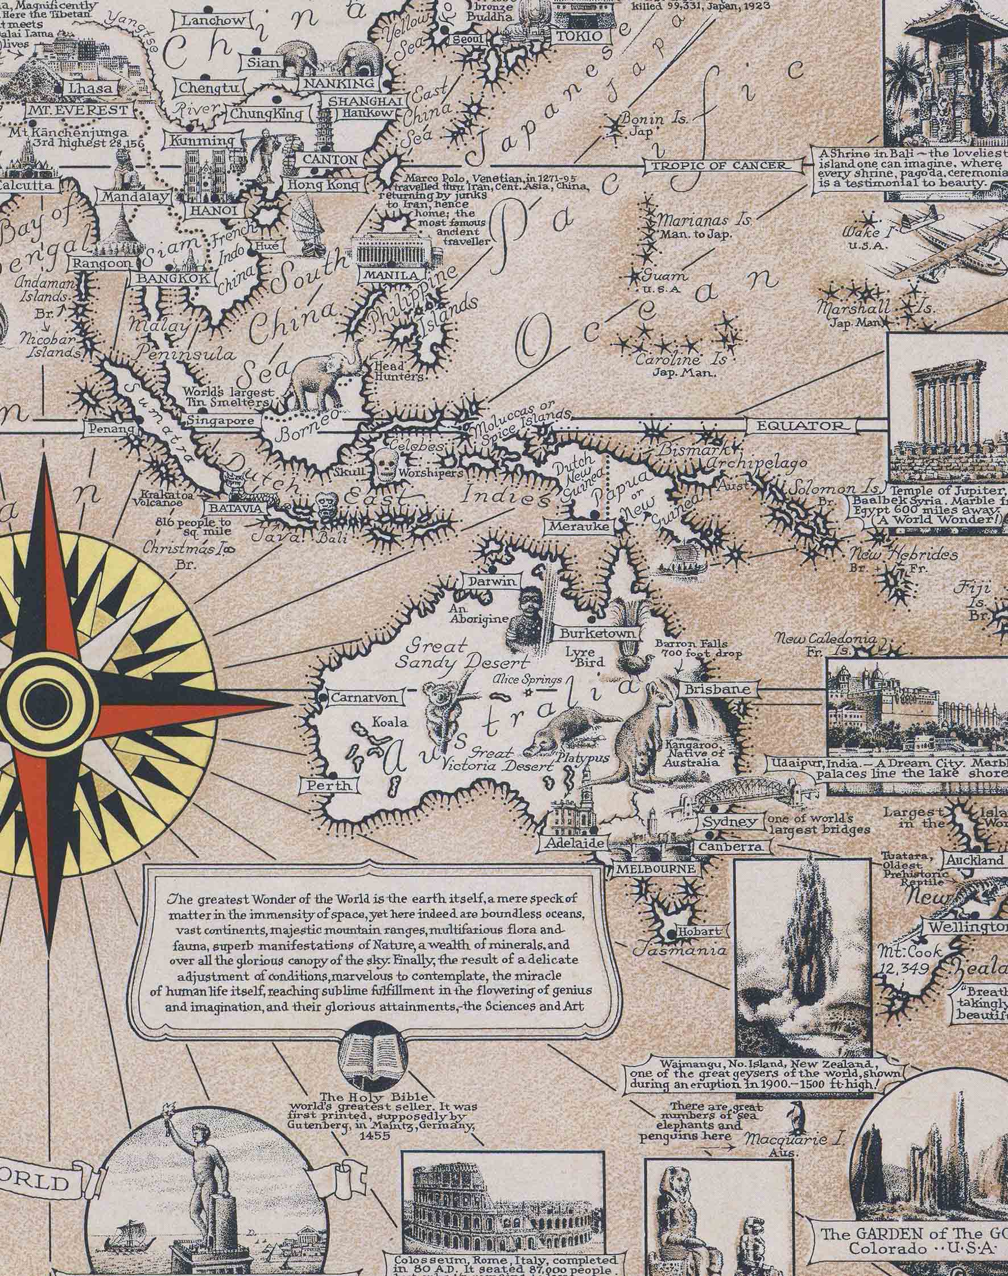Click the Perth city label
pos(329,786)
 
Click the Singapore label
pos(221,421)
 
